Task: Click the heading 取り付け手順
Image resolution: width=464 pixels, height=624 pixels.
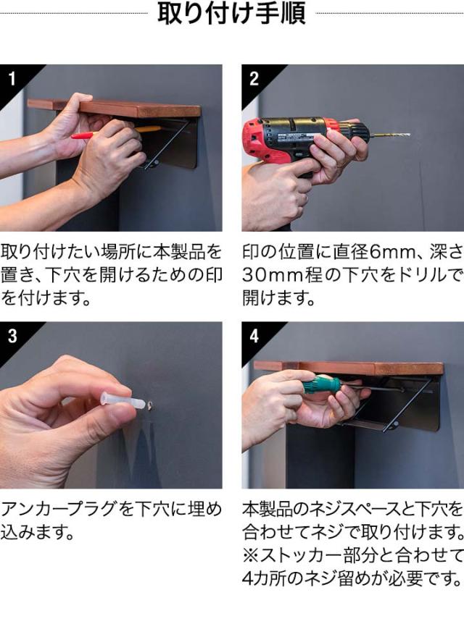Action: tap(231, 13)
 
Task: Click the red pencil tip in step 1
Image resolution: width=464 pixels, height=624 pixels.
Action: tap(74, 137)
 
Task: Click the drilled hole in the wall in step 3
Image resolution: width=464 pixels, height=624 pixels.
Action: tap(149, 405)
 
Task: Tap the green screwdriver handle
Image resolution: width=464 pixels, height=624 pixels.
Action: tap(321, 385)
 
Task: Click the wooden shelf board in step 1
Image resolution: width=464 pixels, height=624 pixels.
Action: tap(114, 108)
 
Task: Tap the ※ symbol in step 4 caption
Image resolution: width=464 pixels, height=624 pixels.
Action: tap(251, 555)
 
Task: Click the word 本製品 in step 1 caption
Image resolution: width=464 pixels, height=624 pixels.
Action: tap(175, 252)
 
